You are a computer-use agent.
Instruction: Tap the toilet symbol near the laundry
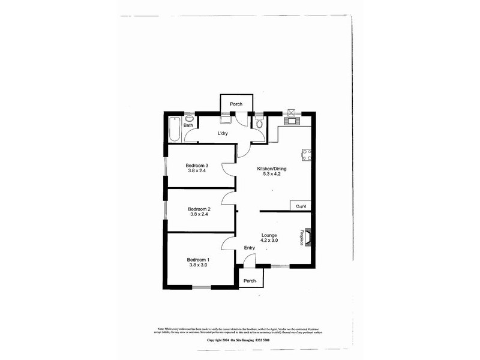[x=259, y=123]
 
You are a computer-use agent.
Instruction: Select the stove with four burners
[x=306, y=155]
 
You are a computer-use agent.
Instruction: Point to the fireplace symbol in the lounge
[x=307, y=237]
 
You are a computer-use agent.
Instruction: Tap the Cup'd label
[x=299, y=206]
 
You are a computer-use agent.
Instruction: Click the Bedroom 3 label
[x=197, y=166]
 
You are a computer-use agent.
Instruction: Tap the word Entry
[x=250, y=248]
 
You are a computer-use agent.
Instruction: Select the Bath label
[x=188, y=125]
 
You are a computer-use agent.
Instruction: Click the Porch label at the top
[x=235, y=104]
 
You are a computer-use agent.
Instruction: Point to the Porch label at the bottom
[x=250, y=281]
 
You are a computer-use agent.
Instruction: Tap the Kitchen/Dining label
[x=269, y=169]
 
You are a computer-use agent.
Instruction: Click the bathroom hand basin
[x=189, y=118]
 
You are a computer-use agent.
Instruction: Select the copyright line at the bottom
[x=239, y=339]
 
